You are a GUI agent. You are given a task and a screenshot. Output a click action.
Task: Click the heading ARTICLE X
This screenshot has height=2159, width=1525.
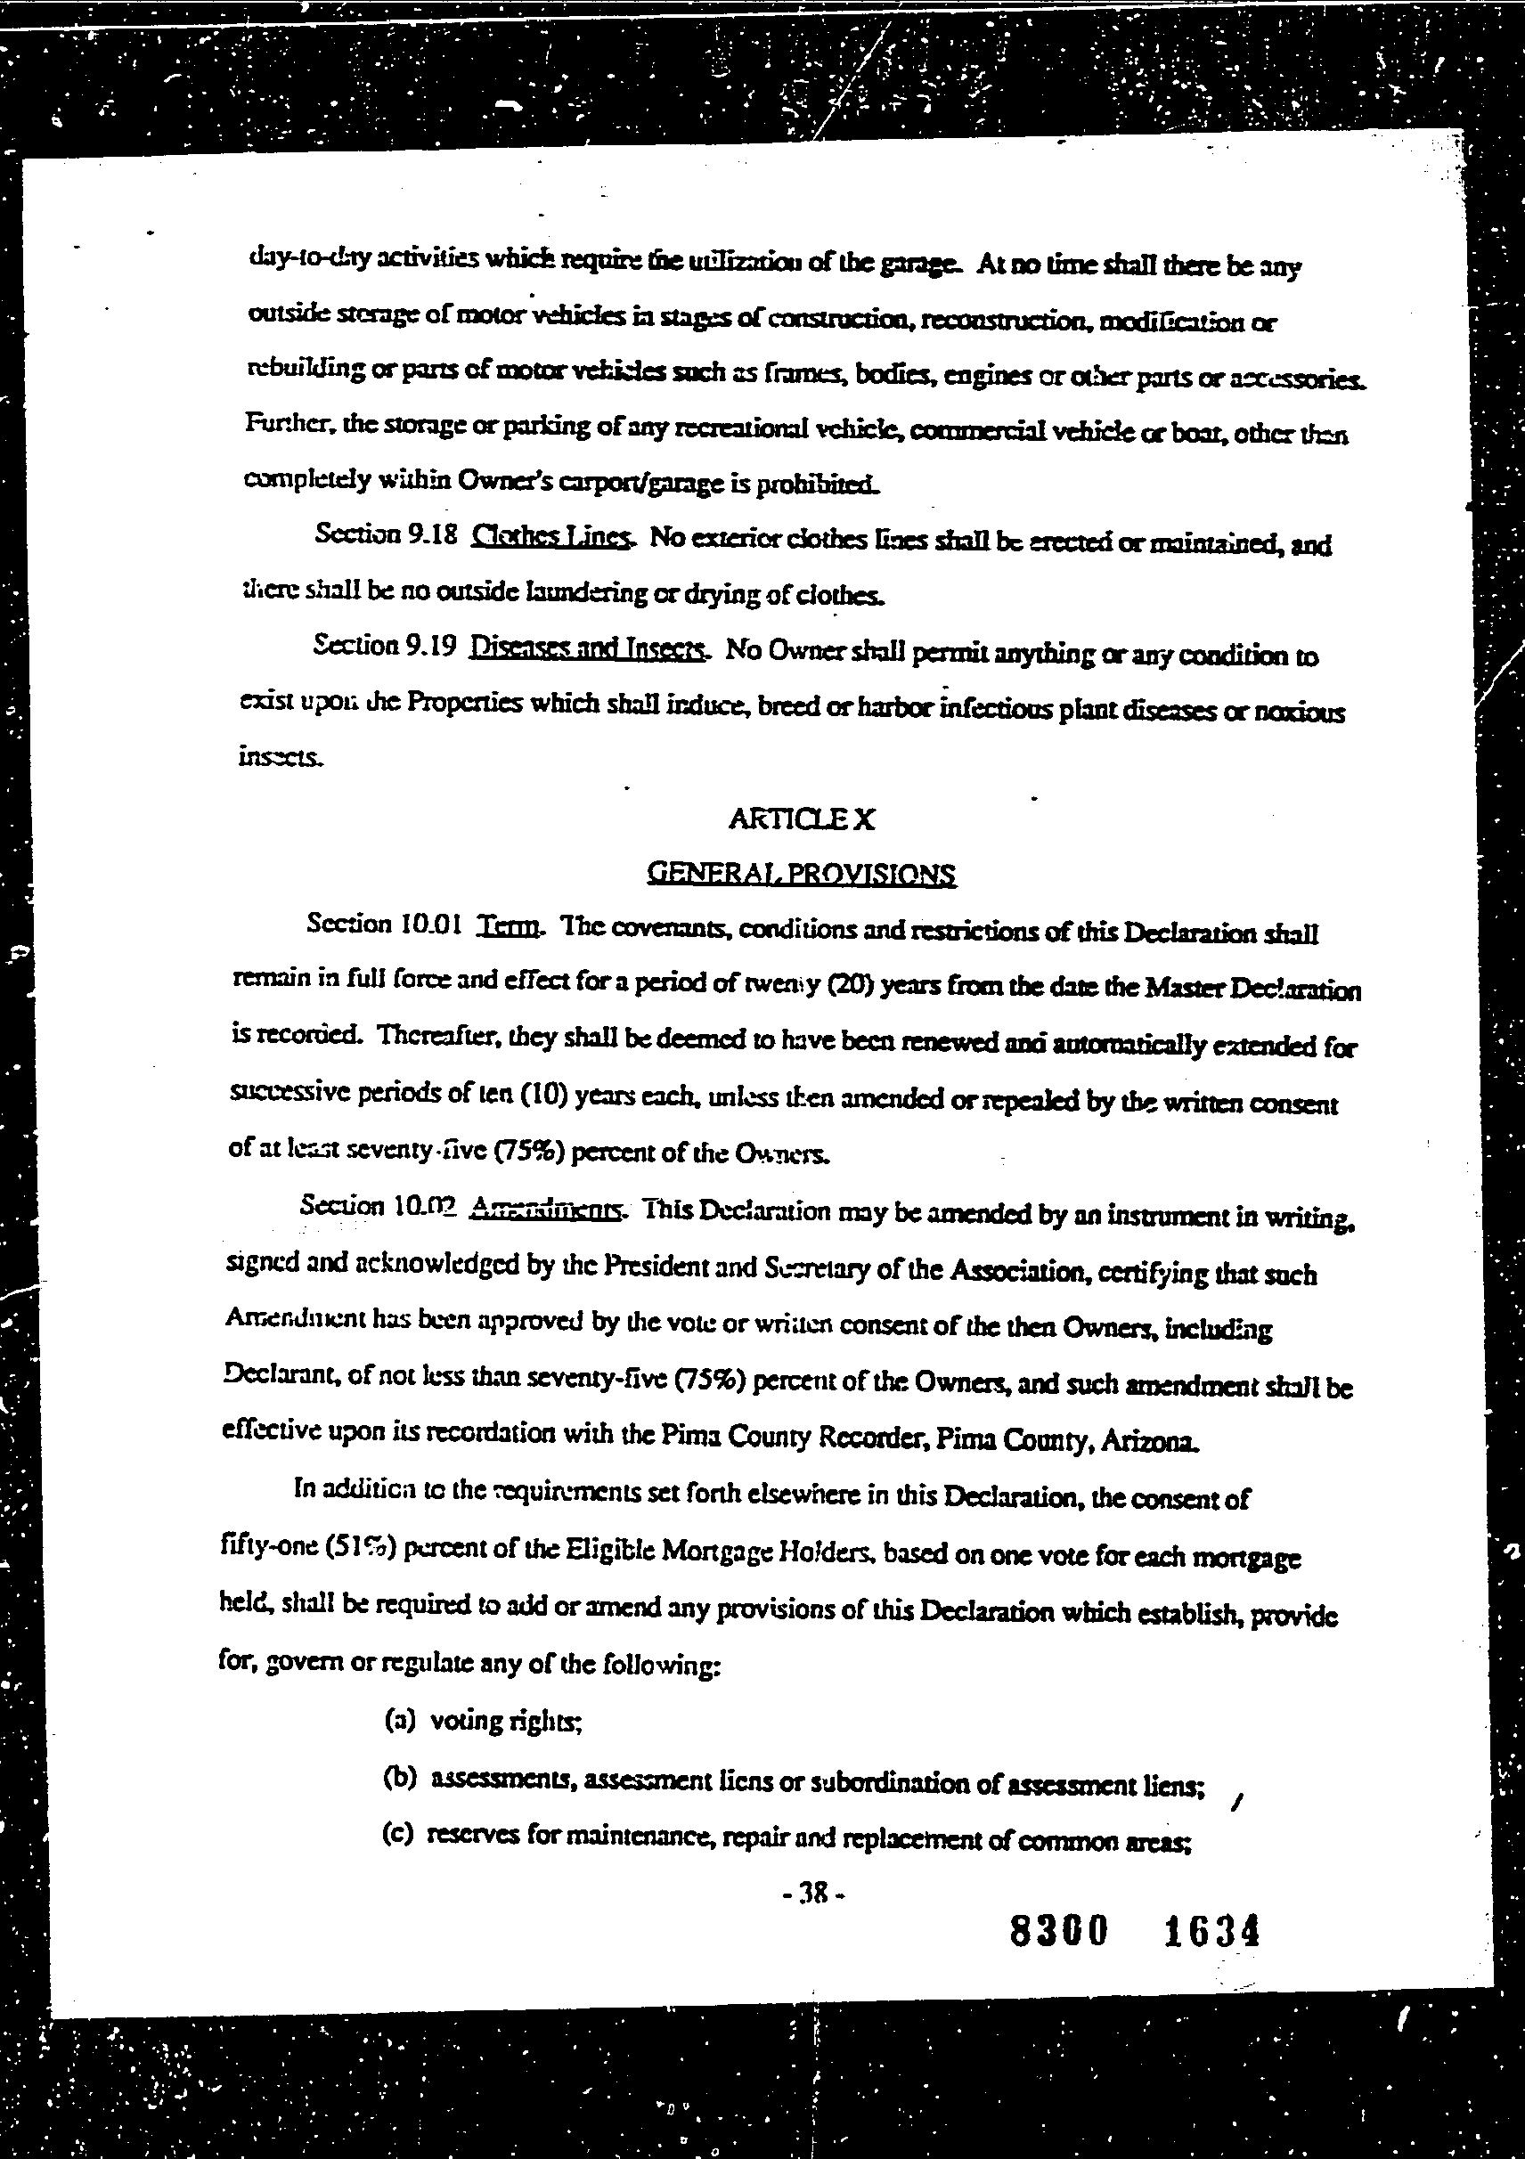[801, 820]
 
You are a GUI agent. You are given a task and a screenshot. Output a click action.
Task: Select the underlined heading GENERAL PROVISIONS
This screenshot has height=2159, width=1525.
[801, 875]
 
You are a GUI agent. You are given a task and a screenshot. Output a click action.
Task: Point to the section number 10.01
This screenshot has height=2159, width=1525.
[429, 924]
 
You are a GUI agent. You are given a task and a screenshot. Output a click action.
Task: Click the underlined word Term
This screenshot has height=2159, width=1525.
[509, 925]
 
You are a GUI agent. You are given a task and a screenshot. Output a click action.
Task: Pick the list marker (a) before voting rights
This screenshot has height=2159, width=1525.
[401, 1721]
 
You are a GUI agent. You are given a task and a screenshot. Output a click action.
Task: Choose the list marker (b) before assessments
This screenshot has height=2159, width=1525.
[401, 1779]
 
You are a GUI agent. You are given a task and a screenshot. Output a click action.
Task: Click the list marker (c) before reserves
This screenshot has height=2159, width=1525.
[399, 1836]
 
